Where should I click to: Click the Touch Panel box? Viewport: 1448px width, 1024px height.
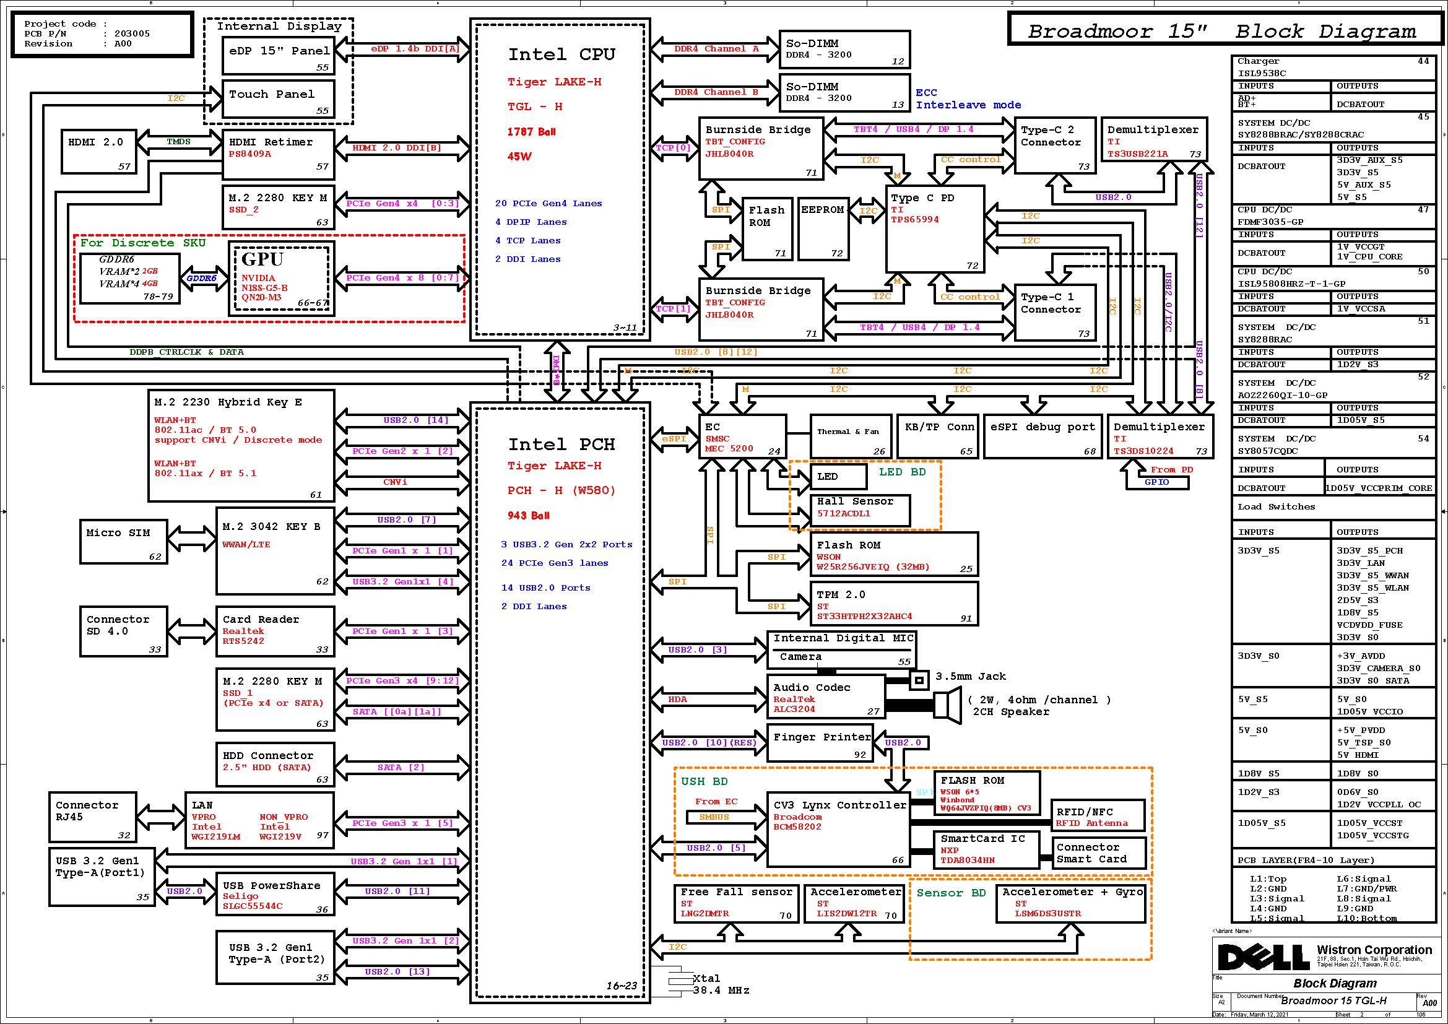(x=278, y=99)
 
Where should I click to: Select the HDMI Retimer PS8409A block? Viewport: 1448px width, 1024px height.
(x=278, y=154)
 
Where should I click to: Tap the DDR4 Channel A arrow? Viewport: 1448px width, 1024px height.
(x=715, y=48)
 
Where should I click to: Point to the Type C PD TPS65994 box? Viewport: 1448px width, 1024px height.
(x=935, y=228)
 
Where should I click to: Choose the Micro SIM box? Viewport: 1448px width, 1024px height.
(x=123, y=542)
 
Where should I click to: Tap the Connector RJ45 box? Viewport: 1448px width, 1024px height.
(x=93, y=817)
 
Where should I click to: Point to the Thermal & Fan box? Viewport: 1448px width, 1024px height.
(x=850, y=436)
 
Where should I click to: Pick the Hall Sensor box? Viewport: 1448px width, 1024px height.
(x=861, y=510)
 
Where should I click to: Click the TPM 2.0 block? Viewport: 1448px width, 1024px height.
(x=894, y=604)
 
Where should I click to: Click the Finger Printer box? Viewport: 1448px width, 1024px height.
(x=819, y=743)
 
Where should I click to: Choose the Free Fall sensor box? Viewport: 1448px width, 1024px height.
(x=735, y=903)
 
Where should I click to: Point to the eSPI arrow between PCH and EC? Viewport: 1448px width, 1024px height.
(x=674, y=438)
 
